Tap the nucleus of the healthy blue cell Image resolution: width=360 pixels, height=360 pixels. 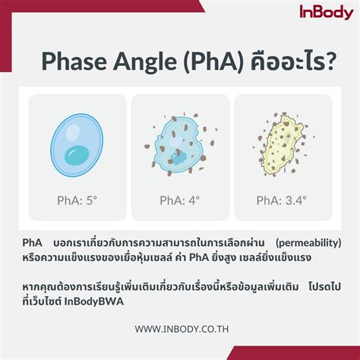77,156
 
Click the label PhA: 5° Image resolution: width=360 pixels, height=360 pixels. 77,201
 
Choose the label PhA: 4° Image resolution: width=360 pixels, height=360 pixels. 179,201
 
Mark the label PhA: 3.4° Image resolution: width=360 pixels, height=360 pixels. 282,201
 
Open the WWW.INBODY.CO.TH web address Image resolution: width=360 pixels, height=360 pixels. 179,329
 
